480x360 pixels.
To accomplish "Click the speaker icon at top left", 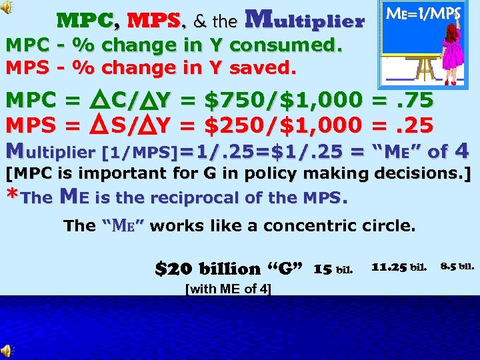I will tap(6, 7).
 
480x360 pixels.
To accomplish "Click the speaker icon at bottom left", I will tap(6, 351).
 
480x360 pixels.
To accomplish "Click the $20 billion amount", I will tap(207, 269).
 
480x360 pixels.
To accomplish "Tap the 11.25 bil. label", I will tap(398, 268).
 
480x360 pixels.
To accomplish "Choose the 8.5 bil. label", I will tap(457, 268).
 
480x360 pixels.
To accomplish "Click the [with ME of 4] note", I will tap(227, 289).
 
